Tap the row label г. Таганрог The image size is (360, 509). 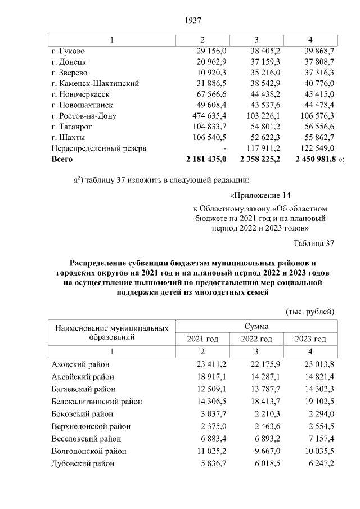click(73, 127)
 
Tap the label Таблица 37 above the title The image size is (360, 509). click(314, 243)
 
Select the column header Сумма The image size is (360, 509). click(256, 326)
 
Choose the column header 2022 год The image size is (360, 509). click(256, 339)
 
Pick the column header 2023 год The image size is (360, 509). click(310, 339)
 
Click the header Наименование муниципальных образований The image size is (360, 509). click(111, 332)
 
